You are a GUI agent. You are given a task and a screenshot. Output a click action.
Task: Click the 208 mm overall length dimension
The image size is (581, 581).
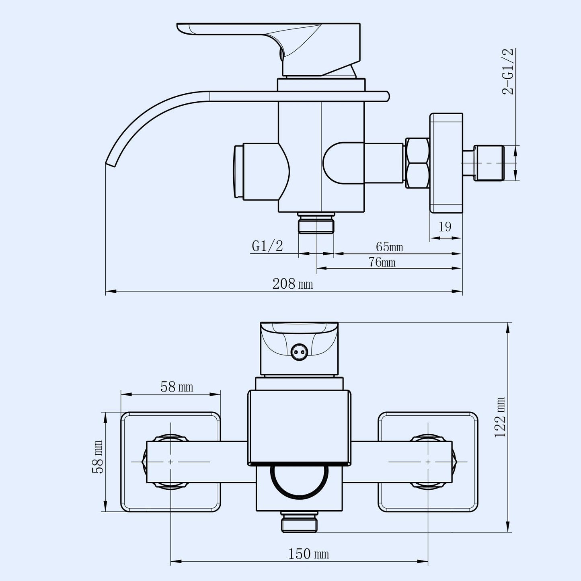click(292, 284)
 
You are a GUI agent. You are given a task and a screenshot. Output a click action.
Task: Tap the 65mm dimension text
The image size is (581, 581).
click(389, 247)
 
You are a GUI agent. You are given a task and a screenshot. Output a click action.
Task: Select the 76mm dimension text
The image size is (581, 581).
click(382, 262)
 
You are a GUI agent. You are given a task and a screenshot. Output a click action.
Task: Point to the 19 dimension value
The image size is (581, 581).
click(445, 227)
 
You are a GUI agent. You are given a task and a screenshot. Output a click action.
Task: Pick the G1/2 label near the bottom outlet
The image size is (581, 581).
click(267, 246)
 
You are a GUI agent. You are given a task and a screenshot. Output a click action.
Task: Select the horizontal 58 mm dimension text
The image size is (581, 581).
click(177, 387)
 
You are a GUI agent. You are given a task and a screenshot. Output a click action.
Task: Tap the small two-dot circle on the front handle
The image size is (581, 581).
click(298, 351)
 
